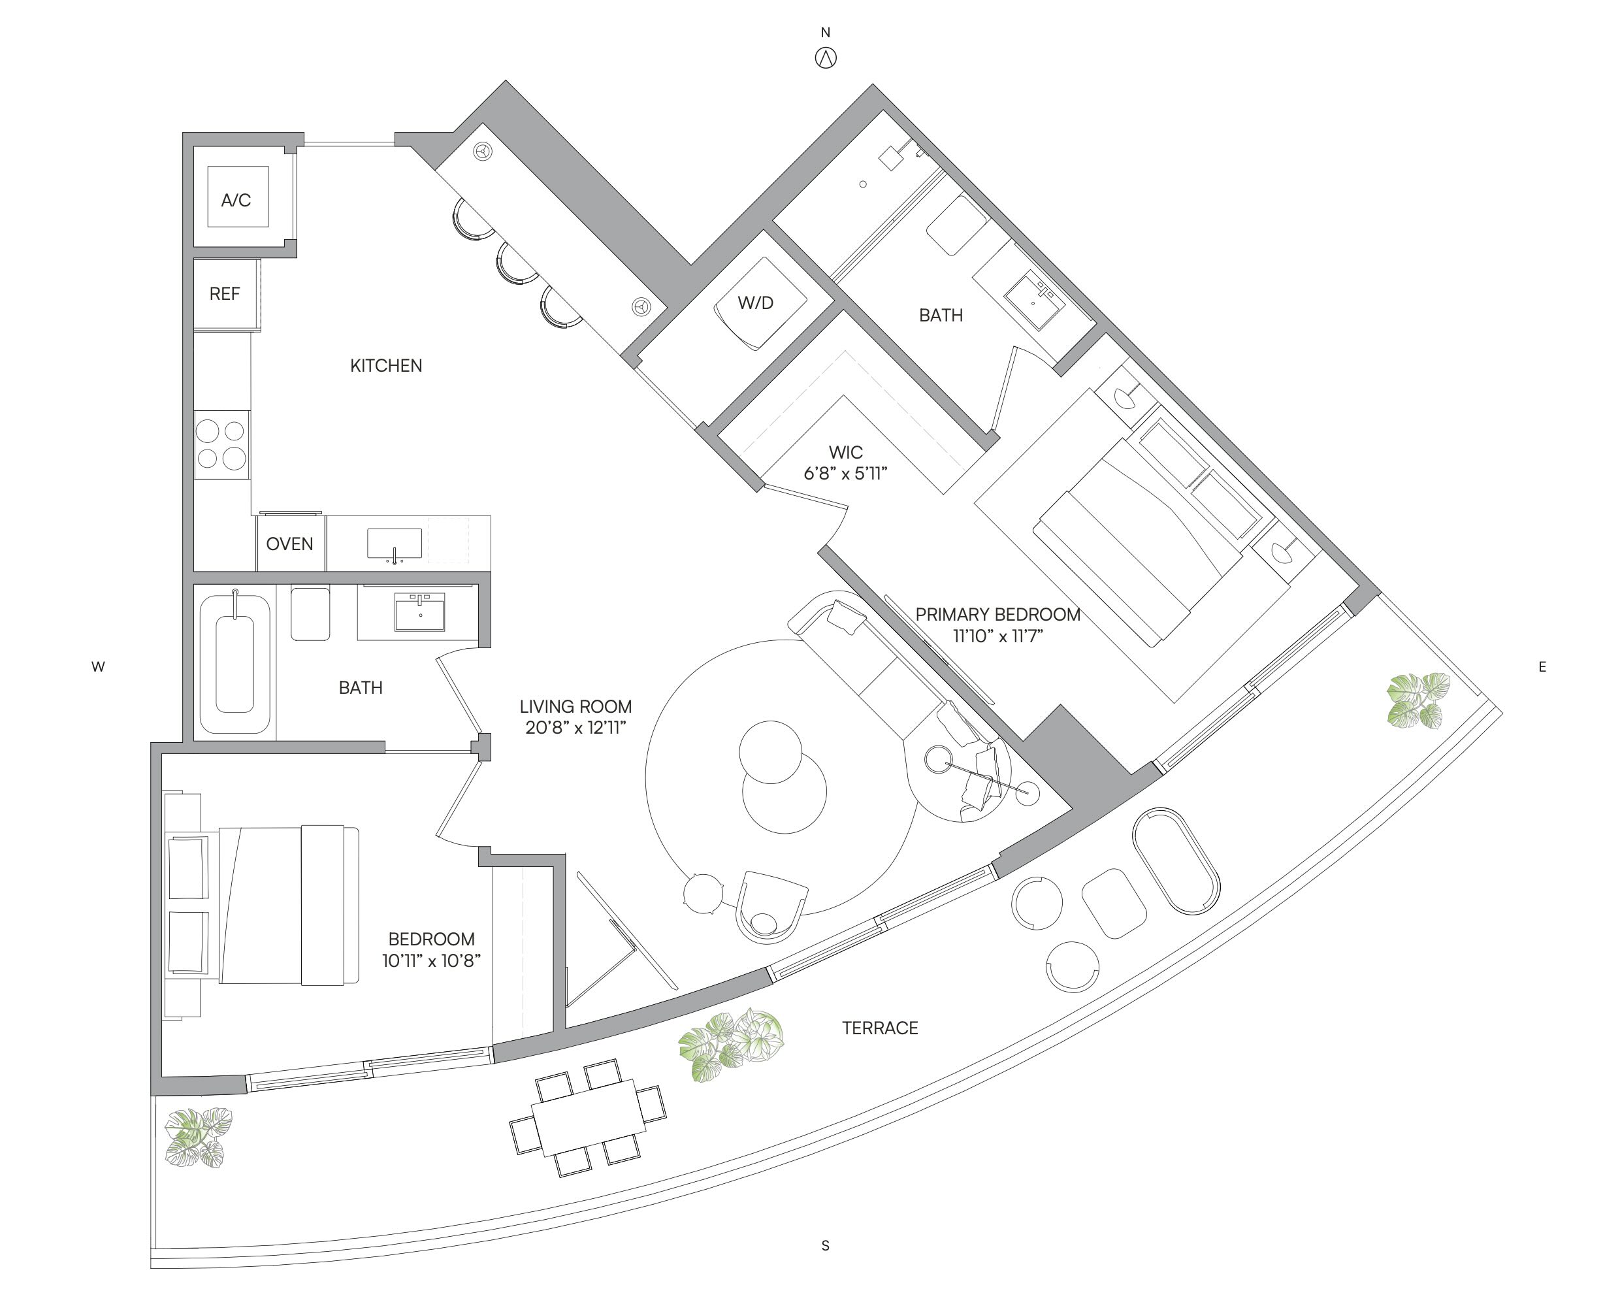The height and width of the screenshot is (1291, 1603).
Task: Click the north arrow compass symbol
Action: point(826,58)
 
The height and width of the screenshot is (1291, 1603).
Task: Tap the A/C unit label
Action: point(236,200)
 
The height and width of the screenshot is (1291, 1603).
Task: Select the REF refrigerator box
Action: point(226,294)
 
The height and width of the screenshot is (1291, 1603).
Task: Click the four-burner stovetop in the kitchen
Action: point(221,445)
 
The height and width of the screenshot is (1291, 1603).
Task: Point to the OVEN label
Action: point(289,544)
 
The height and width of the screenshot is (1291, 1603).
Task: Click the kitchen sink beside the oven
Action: point(395,544)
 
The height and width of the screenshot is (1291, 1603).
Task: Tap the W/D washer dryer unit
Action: point(760,303)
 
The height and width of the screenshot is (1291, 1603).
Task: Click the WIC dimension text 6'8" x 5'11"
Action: point(845,474)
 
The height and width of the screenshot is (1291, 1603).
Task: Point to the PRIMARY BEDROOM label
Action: point(997,614)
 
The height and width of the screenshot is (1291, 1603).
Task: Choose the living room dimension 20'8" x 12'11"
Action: point(575,727)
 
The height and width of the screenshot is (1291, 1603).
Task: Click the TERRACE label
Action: point(880,1028)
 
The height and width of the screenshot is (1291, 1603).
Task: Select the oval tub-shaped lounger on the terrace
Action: point(1176,860)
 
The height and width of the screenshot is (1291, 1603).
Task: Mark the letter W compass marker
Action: point(97,667)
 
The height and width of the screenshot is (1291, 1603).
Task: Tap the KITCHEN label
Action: point(386,366)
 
